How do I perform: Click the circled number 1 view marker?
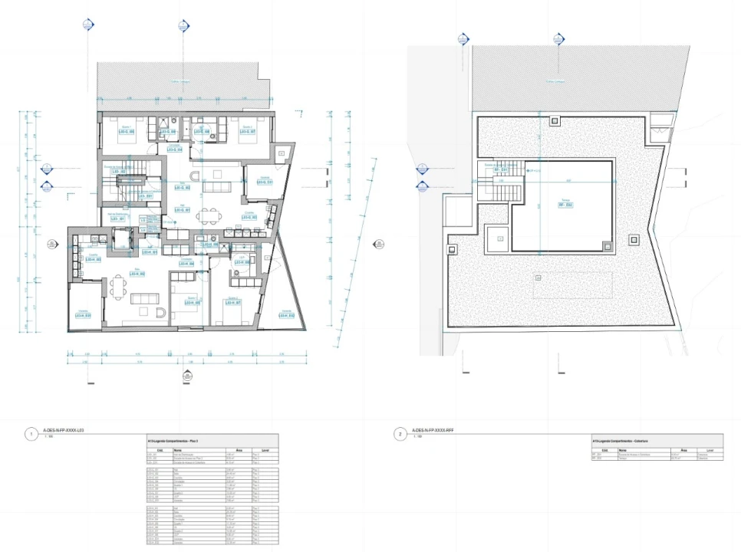31,434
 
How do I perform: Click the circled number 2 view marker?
399,434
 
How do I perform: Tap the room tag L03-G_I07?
247,131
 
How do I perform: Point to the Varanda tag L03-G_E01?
265,182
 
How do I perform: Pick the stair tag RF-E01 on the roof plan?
501,169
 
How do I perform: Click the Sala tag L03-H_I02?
138,273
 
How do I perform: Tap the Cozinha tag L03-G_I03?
249,218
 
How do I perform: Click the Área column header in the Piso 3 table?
239,450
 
